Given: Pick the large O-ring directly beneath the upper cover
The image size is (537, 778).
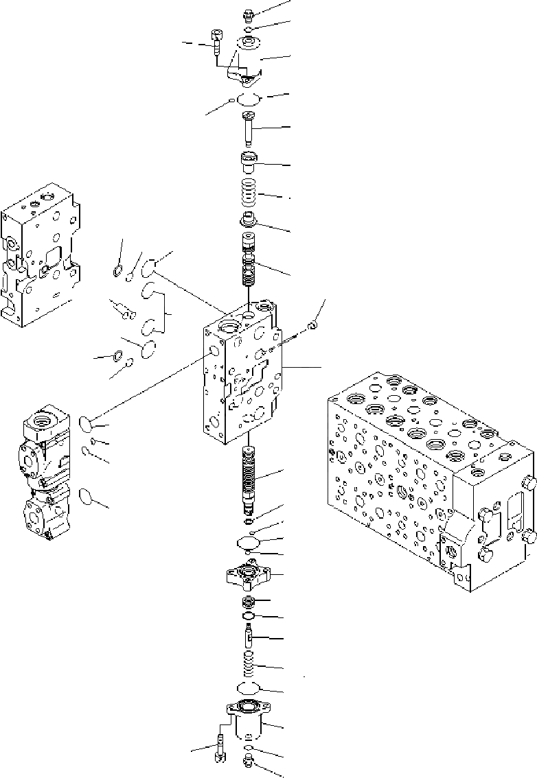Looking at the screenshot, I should pyautogui.click(x=248, y=99).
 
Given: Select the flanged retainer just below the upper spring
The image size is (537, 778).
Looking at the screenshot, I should pyautogui.click(x=248, y=222).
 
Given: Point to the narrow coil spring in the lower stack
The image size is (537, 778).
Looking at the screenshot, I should pyautogui.click(x=248, y=664).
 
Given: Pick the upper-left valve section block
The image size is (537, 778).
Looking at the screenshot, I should pyautogui.click(x=41, y=254).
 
